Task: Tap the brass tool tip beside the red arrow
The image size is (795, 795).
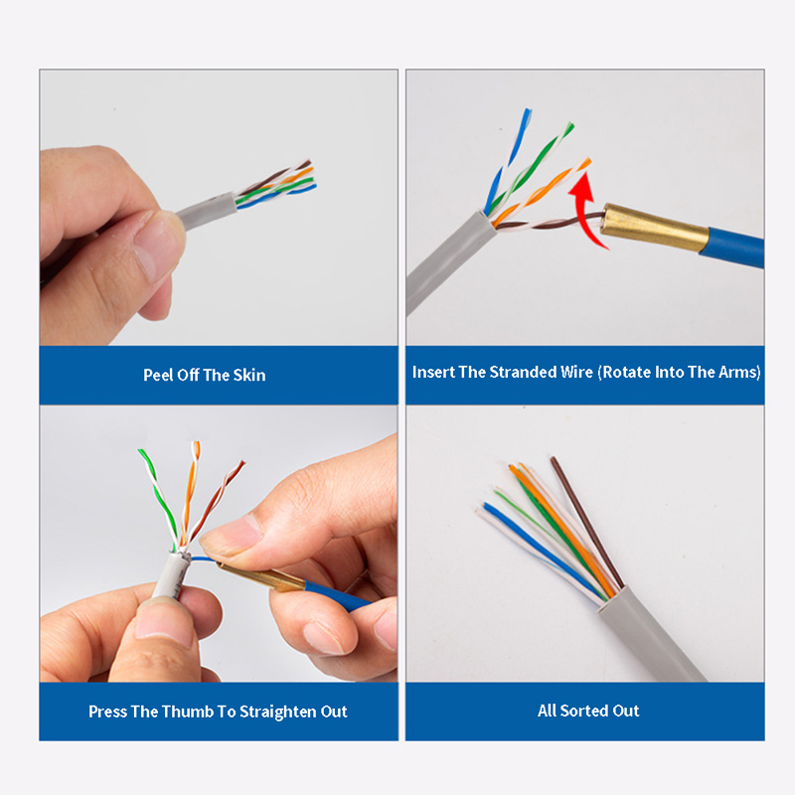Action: tap(654, 228)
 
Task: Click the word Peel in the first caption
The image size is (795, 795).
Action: tap(158, 376)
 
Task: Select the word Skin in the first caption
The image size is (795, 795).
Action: tap(249, 376)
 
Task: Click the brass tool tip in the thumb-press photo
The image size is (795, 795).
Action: tap(261, 577)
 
